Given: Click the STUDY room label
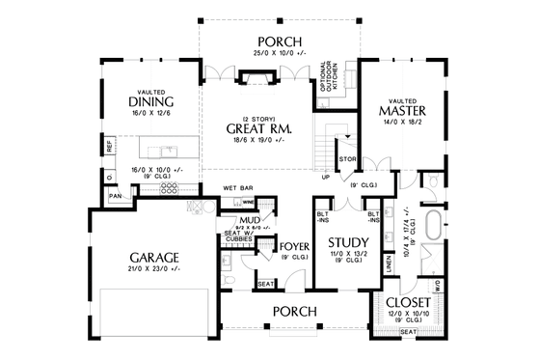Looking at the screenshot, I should tap(341, 242).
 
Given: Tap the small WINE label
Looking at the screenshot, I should tap(248, 203).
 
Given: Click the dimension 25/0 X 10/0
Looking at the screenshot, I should tap(278, 53).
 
